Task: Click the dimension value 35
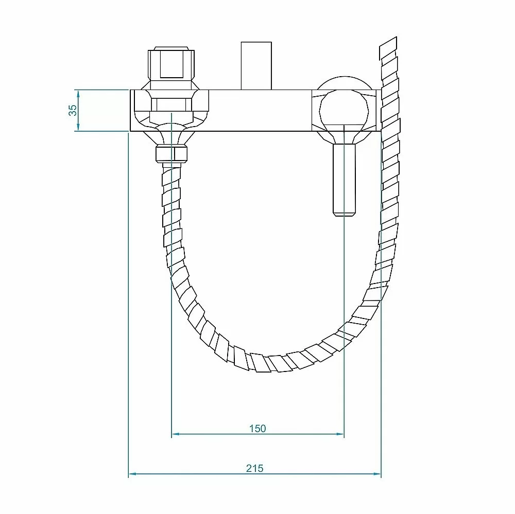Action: pos(73,110)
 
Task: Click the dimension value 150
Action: pos(257,428)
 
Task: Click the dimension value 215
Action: pos(255,468)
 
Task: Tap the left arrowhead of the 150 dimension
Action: pos(176,434)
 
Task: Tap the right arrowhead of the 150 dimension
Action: pos(340,434)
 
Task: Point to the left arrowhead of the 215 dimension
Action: pos(132,474)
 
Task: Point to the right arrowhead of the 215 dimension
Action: pos(377,474)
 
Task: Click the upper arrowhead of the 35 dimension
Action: pos(78,94)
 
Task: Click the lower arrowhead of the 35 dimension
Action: pos(78,127)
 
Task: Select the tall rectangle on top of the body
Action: pos(256,66)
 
